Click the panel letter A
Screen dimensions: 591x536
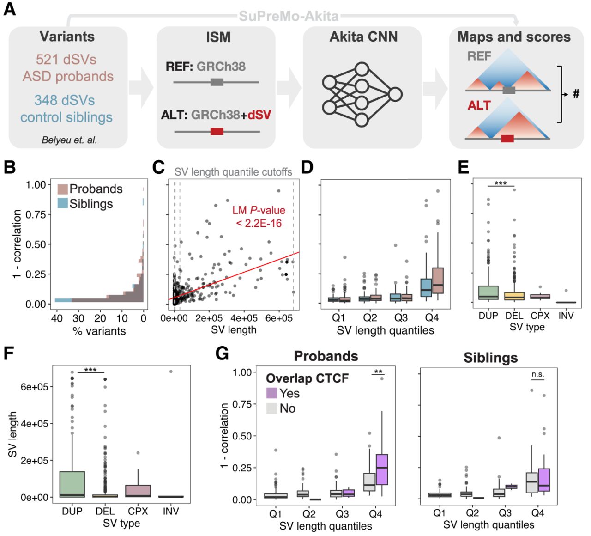pos(9,9)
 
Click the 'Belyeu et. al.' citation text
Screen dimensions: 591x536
pos(69,140)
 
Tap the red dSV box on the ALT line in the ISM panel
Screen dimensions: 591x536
pos(217,131)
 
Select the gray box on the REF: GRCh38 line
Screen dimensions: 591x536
pos(217,82)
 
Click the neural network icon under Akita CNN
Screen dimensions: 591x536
pos(362,94)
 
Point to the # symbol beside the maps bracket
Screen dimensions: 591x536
pos(576,94)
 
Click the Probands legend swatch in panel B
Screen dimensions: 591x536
pos(63,189)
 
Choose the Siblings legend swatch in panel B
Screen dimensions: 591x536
pos(63,203)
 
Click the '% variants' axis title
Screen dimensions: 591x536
pos(99,331)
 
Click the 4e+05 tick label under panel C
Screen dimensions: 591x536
pos(244,318)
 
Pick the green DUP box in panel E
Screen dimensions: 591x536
pos(488,292)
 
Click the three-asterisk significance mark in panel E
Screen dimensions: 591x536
pos(501,183)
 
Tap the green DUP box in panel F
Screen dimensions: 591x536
pos(72,484)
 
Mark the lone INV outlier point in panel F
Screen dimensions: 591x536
pos(171,372)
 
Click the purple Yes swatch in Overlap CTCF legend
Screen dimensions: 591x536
pos(271,393)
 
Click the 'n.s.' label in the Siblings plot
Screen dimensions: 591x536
pos(538,374)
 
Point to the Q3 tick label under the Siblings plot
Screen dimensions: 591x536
pos(505,513)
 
